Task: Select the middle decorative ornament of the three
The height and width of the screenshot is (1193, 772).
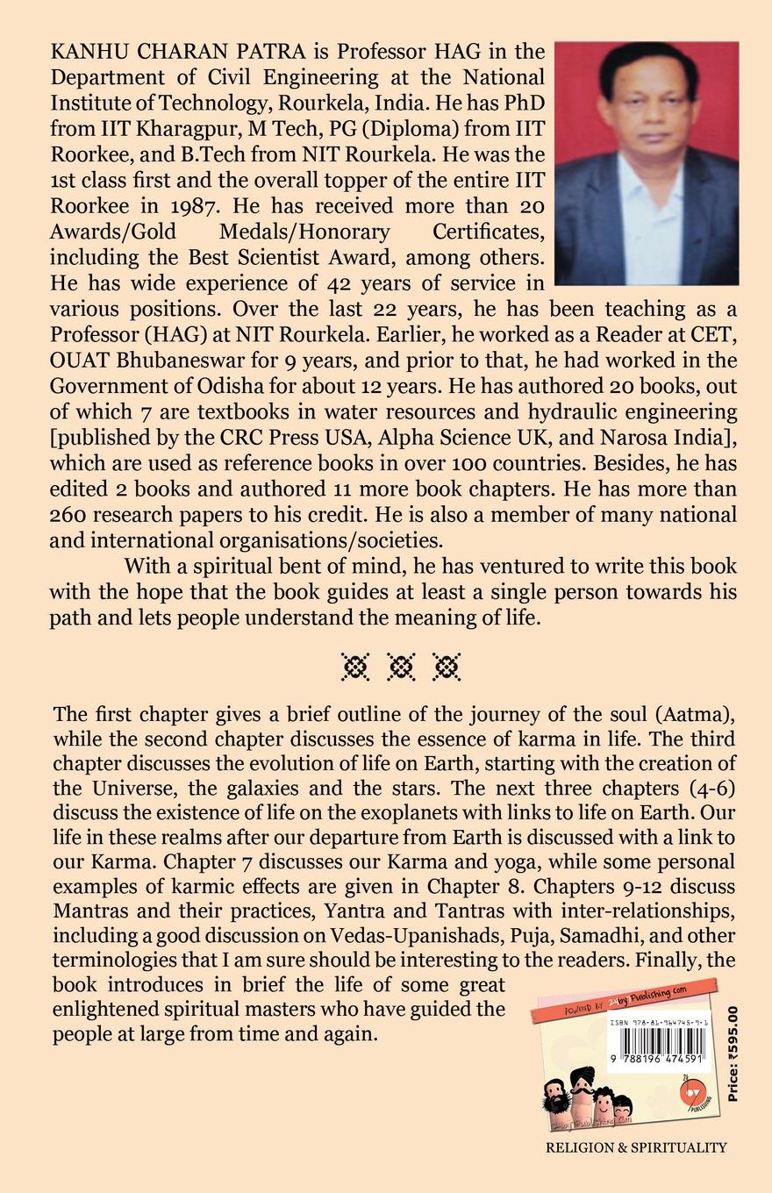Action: click(x=401, y=668)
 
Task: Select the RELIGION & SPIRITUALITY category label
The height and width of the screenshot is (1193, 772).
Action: click(x=636, y=1147)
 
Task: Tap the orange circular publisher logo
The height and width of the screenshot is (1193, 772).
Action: click(x=692, y=1093)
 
